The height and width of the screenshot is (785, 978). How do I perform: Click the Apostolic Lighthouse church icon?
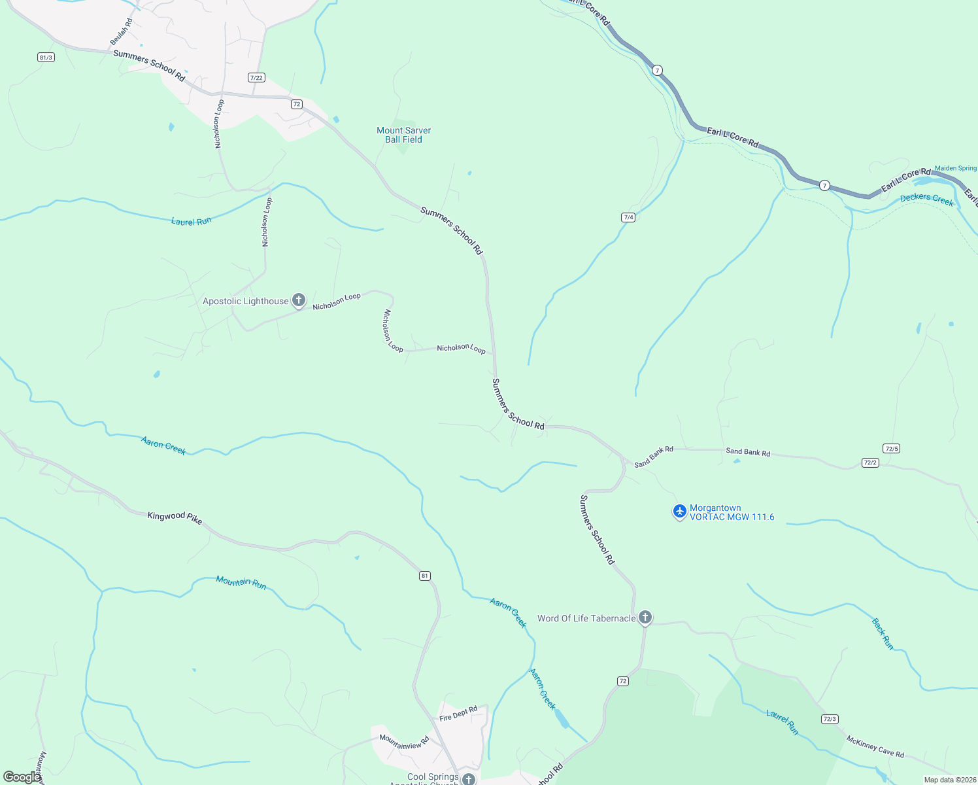(x=299, y=300)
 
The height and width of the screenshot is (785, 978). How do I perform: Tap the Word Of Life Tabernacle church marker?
(x=645, y=618)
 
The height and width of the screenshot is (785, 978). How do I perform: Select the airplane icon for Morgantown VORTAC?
(x=680, y=511)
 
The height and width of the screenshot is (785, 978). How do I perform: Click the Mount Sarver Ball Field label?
(x=403, y=135)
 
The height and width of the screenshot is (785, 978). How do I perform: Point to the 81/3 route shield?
(x=46, y=58)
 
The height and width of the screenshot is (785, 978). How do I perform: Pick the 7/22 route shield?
(x=256, y=78)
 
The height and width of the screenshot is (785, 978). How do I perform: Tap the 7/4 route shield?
(x=628, y=217)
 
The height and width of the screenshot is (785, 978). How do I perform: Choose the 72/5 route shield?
(x=891, y=449)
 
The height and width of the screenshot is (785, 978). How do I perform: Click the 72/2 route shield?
(x=870, y=462)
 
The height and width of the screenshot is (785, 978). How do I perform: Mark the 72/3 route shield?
(x=830, y=719)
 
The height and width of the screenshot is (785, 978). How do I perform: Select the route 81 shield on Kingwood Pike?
(x=425, y=576)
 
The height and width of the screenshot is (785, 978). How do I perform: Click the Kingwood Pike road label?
(x=175, y=517)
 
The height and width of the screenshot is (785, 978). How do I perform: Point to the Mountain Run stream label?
(x=241, y=582)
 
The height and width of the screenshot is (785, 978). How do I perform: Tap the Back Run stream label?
(x=883, y=633)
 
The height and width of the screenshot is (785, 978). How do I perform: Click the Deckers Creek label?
(x=926, y=200)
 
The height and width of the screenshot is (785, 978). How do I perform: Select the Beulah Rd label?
(x=121, y=31)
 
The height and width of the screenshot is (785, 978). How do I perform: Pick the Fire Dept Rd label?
(x=458, y=714)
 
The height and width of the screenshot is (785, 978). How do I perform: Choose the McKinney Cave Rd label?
(x=875, y=746)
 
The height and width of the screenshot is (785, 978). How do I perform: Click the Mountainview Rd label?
(x=404, y=742)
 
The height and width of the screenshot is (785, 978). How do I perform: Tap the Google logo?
(x=22, y=776)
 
